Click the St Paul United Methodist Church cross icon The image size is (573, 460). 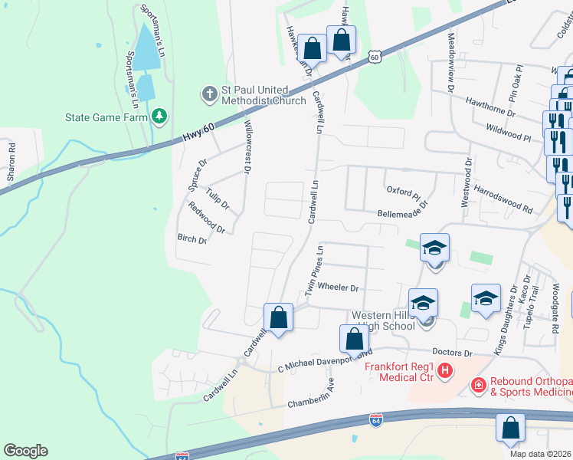point(209,94)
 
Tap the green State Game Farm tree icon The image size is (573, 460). point(159,117)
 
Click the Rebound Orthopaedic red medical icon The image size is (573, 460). point(478,383)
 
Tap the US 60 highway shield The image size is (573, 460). point(373,57)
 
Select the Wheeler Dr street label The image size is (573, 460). point(338,287)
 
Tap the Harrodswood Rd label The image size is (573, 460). point(503,197)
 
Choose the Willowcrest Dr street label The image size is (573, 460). point(247,146)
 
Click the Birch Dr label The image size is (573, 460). point(192,239)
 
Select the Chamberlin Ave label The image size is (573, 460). point(312,398)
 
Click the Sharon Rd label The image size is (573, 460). point(11,162)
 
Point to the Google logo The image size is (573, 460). point(25,450)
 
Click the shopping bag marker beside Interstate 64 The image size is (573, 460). point(510,429)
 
